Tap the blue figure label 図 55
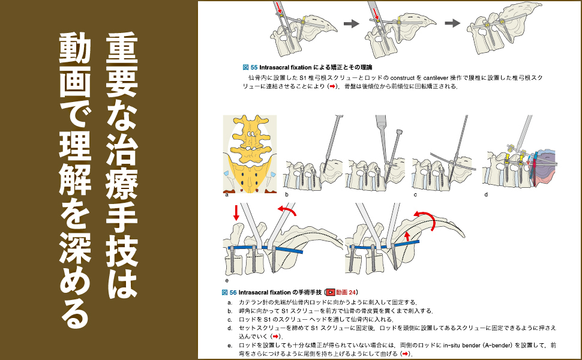click(250, 67)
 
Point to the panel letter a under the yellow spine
click(227, 195)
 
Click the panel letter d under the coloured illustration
click(486, 195)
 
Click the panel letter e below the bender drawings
click(227, 280)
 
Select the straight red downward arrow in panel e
click(236, 212)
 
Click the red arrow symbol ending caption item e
click(406, 355)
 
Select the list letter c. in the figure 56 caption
click(230, 319)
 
